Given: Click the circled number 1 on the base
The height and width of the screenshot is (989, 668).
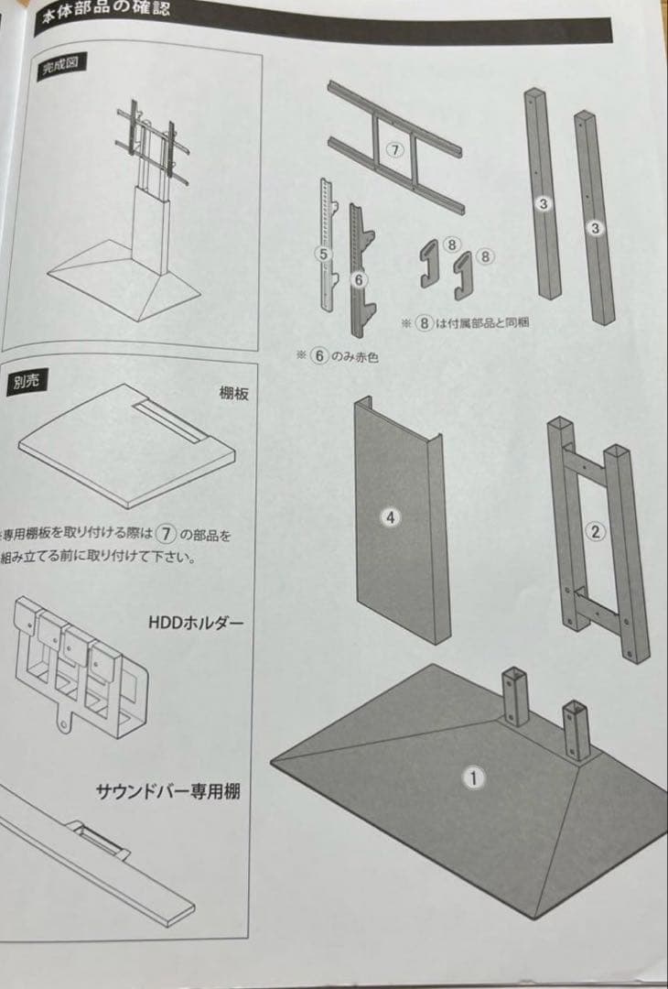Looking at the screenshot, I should coord(473,778).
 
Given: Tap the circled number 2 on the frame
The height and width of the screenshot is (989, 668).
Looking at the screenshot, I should coord(596,530).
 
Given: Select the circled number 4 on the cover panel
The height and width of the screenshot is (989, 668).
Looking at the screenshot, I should coord(391,517).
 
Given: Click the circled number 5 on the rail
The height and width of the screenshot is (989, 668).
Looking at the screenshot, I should coord(323,253).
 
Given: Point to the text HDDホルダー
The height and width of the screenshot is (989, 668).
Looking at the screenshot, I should coord(196,623).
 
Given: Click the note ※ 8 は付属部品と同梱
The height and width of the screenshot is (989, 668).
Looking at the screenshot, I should coord(466,323).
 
